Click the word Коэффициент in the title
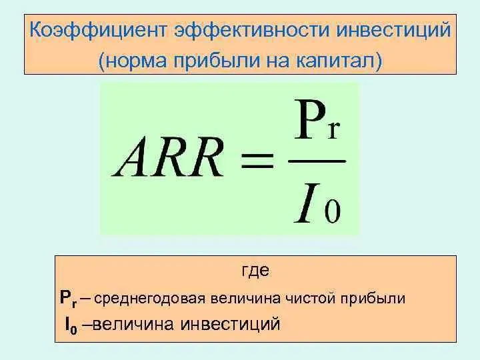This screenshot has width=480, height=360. (x=98, y=31)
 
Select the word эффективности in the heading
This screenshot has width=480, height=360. (x=251, y=31)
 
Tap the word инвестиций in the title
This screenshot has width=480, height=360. (x=393, y=30)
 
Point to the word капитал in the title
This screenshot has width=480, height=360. (x=335, y=60)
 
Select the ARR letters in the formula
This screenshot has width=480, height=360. (x=167, y=157)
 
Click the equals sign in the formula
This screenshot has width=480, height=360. (x=257, y=161)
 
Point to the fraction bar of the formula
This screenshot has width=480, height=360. (x=317, y=161)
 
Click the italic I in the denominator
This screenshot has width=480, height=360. (x=307, y=203)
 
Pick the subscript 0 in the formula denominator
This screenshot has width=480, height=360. (x=333, y=211)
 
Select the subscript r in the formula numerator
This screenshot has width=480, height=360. (x=333, y=130)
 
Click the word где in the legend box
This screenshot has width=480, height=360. (x=255, y=271)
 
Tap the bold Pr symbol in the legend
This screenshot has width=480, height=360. (x=68, y=299)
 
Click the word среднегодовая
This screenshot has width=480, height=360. (x=149, y=299)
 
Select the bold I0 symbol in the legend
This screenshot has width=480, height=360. (x=71, y=325)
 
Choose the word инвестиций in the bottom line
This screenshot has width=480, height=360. (x=230, y=325)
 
